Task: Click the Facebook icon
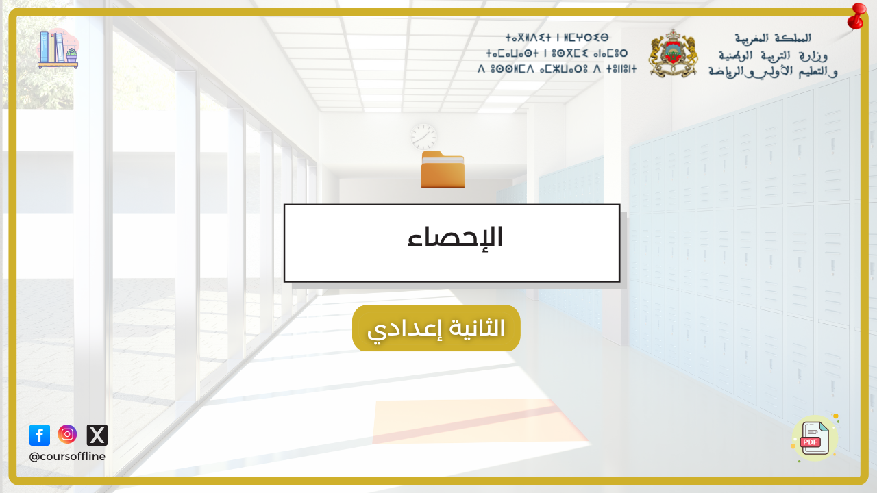[40, 435]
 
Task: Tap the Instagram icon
[67, 434]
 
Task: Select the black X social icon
[97, 435]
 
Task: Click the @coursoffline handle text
[67, 457]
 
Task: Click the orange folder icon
[443, 169]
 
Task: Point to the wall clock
[423, 137]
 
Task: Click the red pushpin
[857, 16]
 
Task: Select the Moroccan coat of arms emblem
[673, 54]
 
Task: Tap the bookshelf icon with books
[58, 49]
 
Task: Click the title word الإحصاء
[454, 238]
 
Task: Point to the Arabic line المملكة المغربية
[773, 38]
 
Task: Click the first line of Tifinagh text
[557, 38]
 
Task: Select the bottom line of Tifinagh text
[557, 69]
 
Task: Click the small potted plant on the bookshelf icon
[72, 55]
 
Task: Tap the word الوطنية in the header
[736, 56]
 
